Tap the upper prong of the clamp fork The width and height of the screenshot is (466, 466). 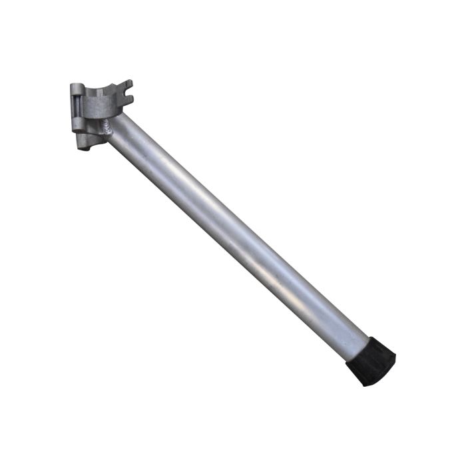click(126, 86)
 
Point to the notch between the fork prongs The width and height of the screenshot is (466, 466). click(123, 93)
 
